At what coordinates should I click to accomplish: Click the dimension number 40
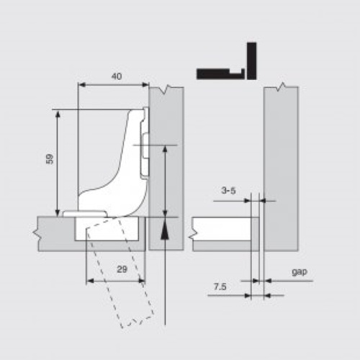pyautogui.click(x=117, y=76)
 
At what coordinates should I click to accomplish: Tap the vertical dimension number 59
pyautogui.click(x=50, y=158)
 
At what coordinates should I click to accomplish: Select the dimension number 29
pyautogui.click(x=122, y=269)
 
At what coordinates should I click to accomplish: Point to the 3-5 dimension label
pyautogui.click(x=228, y=191)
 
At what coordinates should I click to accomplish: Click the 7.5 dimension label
pyautogui.click(x=220, y=287)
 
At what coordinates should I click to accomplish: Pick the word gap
pyautogui.click(x=300, y=272)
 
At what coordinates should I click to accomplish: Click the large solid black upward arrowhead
pyautogui.click(x=165, y=230)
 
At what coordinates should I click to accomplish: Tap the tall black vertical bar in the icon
pyautogui.click(x=252, y=61)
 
